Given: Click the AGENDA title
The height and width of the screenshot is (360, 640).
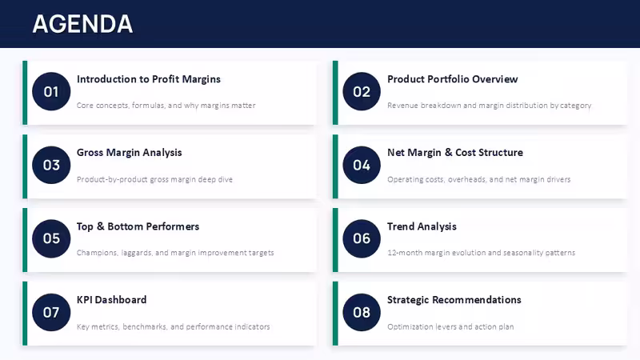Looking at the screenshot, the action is (82, 24).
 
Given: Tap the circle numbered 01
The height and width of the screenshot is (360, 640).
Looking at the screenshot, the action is (51, 91).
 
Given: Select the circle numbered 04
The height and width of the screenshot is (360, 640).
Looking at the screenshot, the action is (362, 165).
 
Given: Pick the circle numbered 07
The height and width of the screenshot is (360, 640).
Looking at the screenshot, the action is (51, 312).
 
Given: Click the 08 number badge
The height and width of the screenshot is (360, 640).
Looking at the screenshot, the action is (362, 312).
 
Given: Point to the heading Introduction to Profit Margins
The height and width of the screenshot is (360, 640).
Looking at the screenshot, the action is (149, 78).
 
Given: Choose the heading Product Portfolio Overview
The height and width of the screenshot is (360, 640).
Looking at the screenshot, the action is (452, 78).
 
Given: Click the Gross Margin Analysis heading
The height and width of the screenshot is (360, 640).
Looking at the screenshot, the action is (130, 153).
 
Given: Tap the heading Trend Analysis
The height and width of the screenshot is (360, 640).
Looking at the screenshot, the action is (422, 226).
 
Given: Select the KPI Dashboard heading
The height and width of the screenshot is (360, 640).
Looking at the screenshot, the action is (111, 299).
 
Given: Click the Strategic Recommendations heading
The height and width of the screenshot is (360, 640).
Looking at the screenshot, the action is (454, 299).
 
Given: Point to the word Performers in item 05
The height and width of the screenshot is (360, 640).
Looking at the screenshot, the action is (173, 226).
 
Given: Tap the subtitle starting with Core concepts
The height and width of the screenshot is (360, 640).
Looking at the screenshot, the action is (166, 106).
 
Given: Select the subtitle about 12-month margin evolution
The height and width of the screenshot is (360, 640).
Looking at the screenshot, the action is (482, 253).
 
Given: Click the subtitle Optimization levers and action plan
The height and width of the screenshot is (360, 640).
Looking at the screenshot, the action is (450, 326).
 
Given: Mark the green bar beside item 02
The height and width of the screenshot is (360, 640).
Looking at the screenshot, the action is (335, 93).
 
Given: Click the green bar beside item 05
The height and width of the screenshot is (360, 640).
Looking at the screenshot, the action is (25, 240).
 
